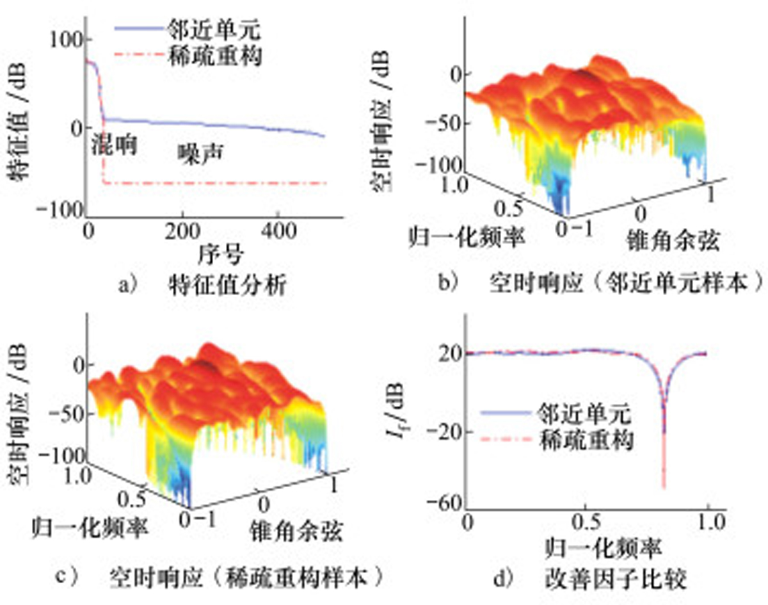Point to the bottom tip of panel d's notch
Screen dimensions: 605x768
664,489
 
